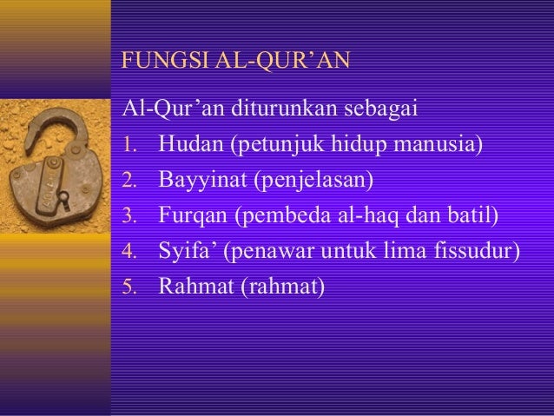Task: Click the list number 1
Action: [129, 145]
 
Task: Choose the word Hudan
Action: [190, 144]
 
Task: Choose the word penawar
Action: [267, 251]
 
